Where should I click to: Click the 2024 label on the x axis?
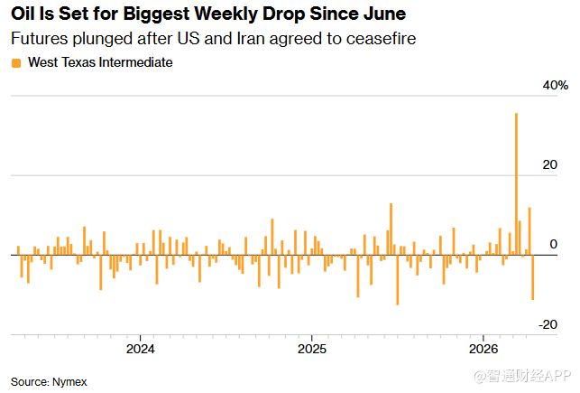[140, 349]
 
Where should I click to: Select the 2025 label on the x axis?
[311, 349]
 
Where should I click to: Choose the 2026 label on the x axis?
[483, 349]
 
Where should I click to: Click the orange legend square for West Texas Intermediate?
[15, 62]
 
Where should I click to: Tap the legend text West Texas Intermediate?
[100, 62]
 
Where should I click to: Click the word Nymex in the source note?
[69, 381]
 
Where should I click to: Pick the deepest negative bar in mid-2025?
[398, 279]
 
